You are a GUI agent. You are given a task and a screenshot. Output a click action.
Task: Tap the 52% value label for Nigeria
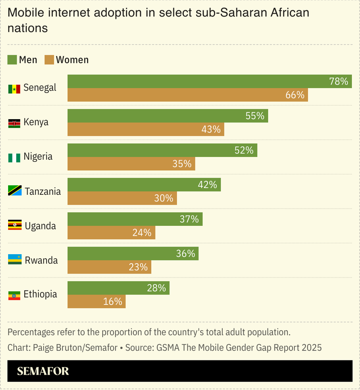pyautogui.click(x=244, y=150)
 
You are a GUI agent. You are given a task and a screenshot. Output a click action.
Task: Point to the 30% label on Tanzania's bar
pyautogui.click(x=163, y=198)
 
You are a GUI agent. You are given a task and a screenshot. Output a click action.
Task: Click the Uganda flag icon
pyautogui.click(x=14, y=226)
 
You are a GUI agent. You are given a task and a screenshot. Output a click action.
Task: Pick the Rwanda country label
pyautogui.click(x=41, y=260)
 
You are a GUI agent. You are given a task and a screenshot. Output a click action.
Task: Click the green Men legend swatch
pyautogui.click(x=13, y=60)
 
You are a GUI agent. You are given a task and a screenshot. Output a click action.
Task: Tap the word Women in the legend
pyautogui.click(x=72, y=60)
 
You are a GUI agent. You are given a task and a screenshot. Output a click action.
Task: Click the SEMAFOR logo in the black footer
pyautogui.click(x=43, y=372)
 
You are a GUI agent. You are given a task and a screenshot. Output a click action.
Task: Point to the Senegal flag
pyautogui.click(x=14, y=88)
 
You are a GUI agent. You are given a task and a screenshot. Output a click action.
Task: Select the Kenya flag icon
pyautogui.click(x=14, y=123)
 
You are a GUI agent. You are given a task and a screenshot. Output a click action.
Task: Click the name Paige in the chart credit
pyautogui.click(x=44, y=348)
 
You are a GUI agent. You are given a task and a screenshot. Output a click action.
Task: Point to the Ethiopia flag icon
pyautogui.click(x=14, y=295)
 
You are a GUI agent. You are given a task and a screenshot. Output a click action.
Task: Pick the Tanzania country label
pyautogui.click(x=43, y=191)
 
